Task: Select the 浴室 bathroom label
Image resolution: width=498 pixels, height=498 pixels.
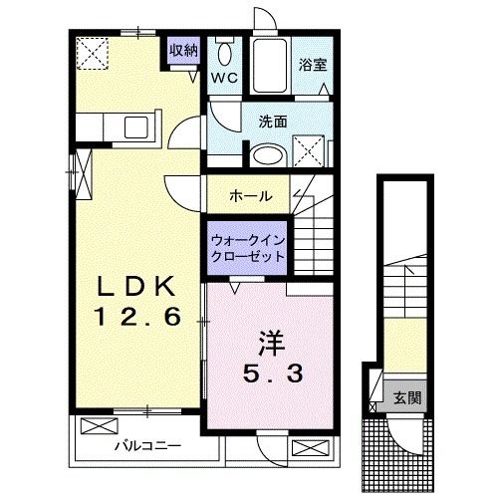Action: coord(312,66)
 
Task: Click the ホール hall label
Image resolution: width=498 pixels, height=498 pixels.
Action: coord(250,195)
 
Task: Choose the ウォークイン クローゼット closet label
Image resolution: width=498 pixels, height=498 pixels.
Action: coord(247,248)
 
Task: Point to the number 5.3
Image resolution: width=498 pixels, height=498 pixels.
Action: coord(270,376)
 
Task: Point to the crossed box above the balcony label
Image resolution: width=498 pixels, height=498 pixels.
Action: coord(99,426)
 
